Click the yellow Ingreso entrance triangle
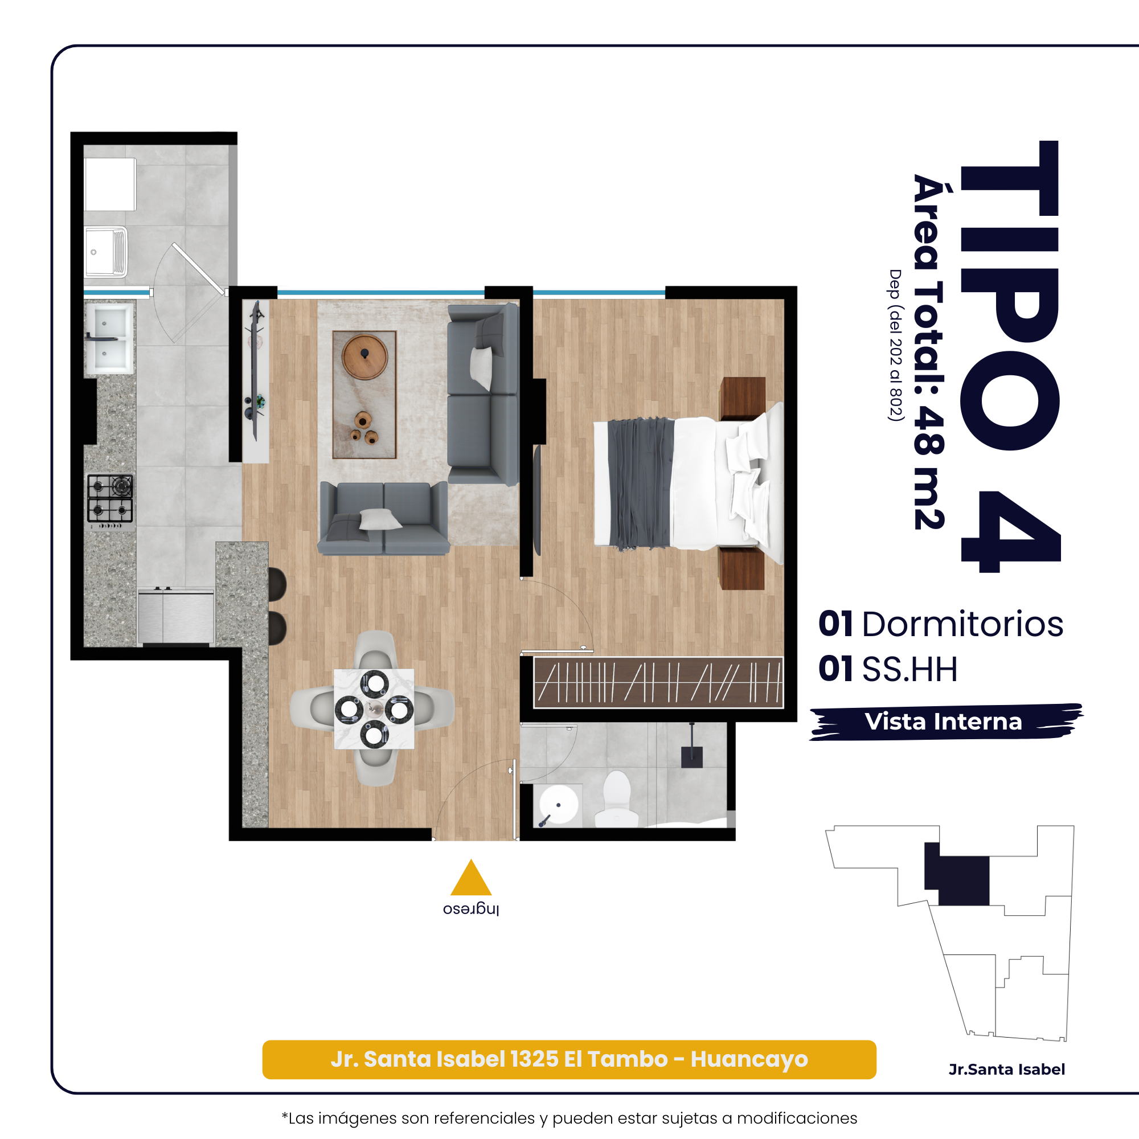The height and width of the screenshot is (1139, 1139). click(x=470, y=879)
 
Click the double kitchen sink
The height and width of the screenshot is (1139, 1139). click(x=110, y=338)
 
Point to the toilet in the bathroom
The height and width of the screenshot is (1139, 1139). click(x=617, y=800)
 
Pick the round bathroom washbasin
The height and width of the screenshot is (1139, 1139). click(x=558, y=804)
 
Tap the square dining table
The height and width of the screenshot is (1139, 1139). click(x=374, y=708)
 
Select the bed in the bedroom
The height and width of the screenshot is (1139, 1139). click(x=689, y=483)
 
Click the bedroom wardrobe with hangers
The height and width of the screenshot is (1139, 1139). click(x=658, y=682)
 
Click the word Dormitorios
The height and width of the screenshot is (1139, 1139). click(x=962, y=624)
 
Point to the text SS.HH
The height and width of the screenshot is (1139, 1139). click(x=909, y=669)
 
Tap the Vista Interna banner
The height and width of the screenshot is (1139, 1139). click(x=945, y=722)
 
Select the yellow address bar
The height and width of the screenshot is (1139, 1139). click(x=569, y=1059)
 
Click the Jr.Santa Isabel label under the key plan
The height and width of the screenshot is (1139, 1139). click(x=1006, y=1070)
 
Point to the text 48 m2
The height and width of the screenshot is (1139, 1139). click(x=929, y=468)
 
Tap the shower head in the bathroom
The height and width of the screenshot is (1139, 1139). click(x=691, y=757)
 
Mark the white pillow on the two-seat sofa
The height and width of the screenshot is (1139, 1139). click(x=380, y=519)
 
